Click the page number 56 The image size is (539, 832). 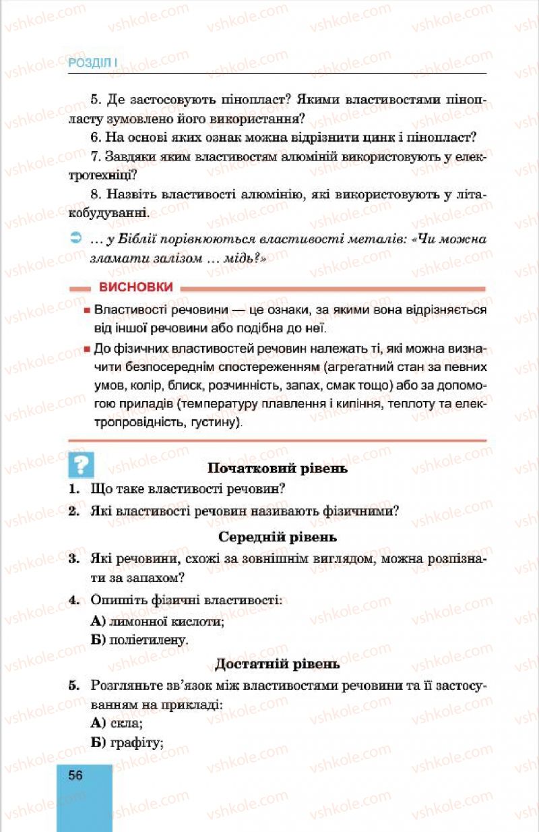tap(75, 775)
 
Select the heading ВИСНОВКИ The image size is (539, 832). tap(135, 287)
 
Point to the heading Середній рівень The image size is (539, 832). tap(278, 537)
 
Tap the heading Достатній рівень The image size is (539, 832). tap(278, 664)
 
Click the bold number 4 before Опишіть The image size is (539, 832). tap(73, 599)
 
